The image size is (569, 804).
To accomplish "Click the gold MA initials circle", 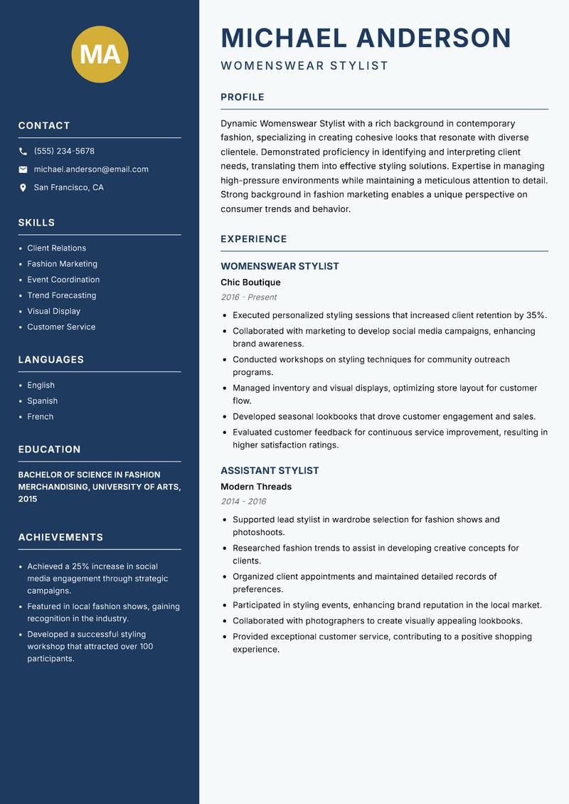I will click(x=100, y=54).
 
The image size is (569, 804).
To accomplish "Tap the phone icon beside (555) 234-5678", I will click(x=23, y=152).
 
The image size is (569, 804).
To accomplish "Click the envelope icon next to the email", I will click(x=23, y=169).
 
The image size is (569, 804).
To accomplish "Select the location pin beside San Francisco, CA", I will click(x=23, y=188).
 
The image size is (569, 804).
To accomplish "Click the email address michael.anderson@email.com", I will click(x=91, y=169).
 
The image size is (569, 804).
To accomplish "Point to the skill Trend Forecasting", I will click(x=61, y=295).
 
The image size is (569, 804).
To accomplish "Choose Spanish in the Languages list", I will click(x=42, y=401).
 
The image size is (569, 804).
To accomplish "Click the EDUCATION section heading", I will click(x=49, y=450).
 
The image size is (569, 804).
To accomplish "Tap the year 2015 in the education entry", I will click(x=28, y=499).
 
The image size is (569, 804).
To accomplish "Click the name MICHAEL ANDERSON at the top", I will click(x=366, y=38).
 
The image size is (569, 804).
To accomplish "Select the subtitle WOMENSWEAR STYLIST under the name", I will click(x=304, y=66).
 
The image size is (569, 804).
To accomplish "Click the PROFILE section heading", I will click(x=242, y=97).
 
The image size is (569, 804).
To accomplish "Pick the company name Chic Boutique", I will click(x=250, y=282).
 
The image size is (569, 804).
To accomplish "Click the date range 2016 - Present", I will click(x=248, y=297).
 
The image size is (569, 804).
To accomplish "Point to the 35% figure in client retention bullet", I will click(x=536, y=315).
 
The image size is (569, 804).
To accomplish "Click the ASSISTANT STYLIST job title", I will click(x=270, y=471).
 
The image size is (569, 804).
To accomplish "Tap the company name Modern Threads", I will click(x=256, y=487).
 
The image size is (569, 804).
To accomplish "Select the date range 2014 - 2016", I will click(x=243, y=502).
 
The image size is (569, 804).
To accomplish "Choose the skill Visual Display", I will click(x=53, y=311).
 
